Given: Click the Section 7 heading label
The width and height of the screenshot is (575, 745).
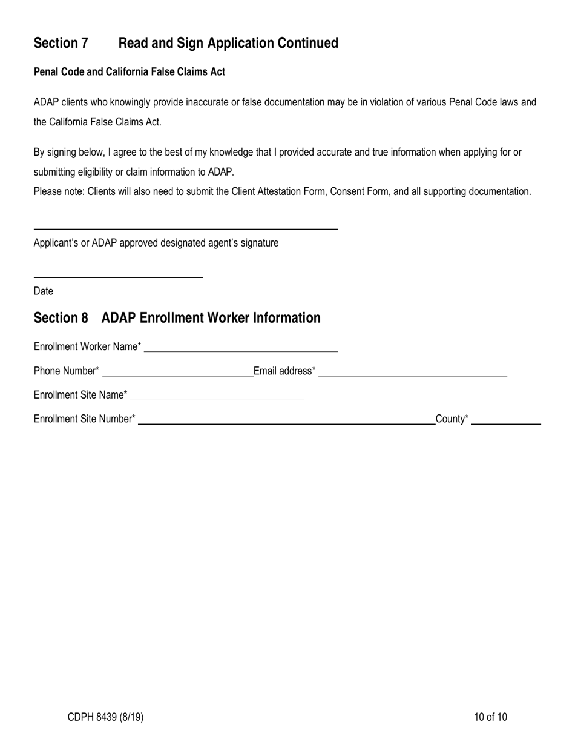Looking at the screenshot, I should pos(61,43).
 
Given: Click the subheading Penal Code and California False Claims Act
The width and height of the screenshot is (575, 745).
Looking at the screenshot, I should pos(130,72).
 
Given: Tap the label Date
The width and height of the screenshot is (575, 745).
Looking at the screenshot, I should pos(44,291).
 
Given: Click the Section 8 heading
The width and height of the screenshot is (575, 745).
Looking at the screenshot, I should pos(177,318).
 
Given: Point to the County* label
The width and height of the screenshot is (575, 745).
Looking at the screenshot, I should pos(452,419).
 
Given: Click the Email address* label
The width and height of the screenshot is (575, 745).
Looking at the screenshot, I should pos(284,371).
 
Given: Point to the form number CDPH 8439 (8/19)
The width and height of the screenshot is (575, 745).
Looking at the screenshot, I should pos(106,717).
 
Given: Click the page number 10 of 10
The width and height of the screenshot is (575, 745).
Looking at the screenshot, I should pos(491,717).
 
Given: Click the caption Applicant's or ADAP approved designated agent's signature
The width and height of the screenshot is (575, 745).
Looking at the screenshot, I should pos(156,243).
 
